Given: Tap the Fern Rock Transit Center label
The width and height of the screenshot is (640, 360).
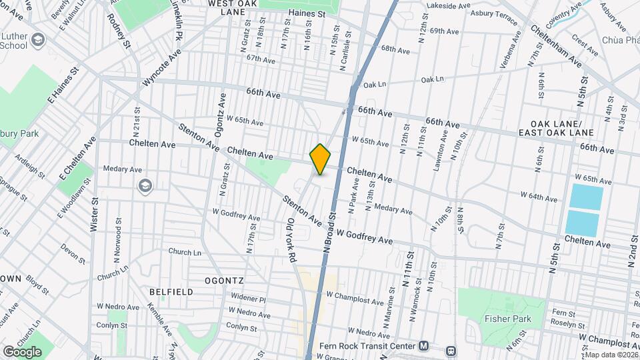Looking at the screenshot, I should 368,345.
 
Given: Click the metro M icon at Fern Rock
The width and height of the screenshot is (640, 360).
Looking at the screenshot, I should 424,346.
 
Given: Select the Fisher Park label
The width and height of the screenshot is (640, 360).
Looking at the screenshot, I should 508,319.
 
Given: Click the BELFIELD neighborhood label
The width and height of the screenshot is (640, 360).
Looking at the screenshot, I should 171,292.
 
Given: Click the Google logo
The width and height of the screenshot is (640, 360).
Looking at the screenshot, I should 22,351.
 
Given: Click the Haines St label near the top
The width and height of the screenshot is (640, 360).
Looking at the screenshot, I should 307,13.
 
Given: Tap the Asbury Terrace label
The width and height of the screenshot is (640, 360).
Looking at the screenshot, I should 493,13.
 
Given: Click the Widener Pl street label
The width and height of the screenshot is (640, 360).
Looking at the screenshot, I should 248,299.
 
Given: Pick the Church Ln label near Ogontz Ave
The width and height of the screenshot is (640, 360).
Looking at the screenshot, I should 185,253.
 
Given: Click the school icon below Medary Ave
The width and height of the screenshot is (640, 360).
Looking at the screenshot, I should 145,185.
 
